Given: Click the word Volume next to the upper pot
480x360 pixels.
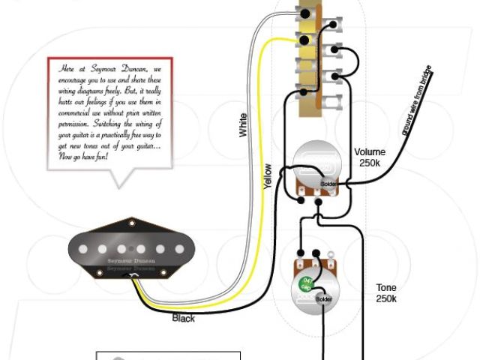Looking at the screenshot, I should click(x=370, y=151).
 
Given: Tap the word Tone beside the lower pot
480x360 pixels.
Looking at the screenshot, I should click(x=386, y=287).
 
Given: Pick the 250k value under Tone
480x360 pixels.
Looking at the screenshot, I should click(x=386, y=298).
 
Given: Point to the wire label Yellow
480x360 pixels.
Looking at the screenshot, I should click(x=267, y=175).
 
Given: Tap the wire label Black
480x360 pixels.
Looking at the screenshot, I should click(x=183, y=318).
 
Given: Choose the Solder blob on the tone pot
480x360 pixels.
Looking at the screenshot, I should click(x=324, y=299).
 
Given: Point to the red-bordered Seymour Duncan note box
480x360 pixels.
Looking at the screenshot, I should click(x=109, y=112).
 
